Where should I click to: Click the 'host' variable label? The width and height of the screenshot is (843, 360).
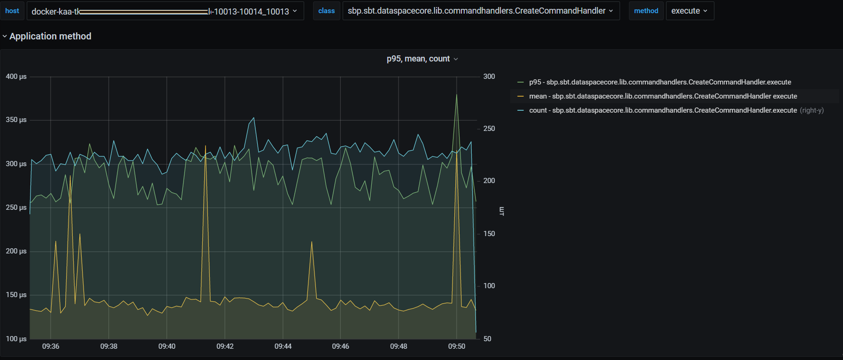click(x=12, y=11)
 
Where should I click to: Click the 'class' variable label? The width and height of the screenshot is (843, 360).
click(x=326, y=11)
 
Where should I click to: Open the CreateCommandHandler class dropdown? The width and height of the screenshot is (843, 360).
click(x=480, y=11)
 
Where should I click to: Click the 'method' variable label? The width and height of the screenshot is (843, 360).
click(x=646, y=11)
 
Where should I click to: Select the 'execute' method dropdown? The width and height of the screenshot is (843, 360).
click(x=689, y=11)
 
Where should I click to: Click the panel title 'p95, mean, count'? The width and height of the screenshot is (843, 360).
click(x=418, y=59)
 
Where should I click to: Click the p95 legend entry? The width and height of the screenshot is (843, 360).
click(x=660, y=82)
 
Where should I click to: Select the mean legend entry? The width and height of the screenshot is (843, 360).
click(x=663, y=96)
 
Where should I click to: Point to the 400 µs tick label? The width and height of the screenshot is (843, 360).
click(x=16, y=77)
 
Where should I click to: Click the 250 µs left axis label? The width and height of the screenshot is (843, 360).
click(x=16, y=207)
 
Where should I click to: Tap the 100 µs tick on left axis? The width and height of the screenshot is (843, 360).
click(x=16, y=339)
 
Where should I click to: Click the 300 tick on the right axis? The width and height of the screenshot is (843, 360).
click(x=489, y=77)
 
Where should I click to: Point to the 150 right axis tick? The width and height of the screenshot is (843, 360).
click(x=489, y=234)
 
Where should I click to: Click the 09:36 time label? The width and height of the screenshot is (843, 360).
click(x=51, y=346)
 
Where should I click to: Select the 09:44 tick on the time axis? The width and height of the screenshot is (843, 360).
click(x=283, y=346)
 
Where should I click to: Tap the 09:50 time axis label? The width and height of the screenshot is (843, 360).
click(x=457, y=346)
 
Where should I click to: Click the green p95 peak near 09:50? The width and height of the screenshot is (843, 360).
click(x=457, y=95)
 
